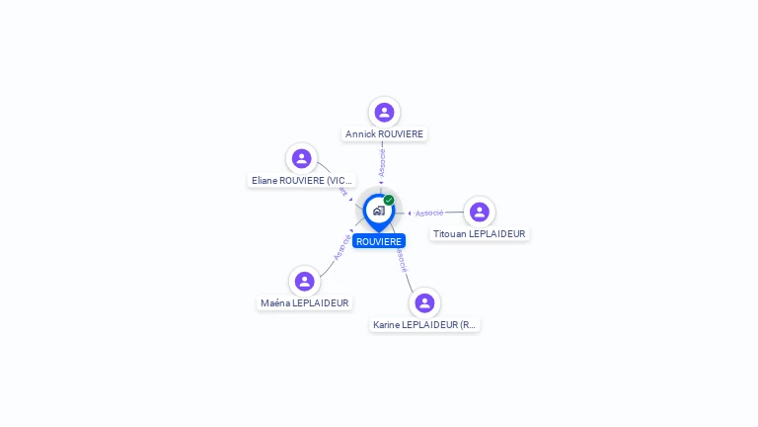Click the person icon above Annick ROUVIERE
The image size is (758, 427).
tap(384, 113)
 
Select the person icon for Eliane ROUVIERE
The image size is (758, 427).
tap(302, 158)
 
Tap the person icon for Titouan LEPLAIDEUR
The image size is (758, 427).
tap(480, 212)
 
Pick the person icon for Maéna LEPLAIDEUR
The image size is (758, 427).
tap(304, 281)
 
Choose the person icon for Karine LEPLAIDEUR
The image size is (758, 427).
tap(424, 302)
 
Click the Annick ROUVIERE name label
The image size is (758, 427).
tap(384, 134)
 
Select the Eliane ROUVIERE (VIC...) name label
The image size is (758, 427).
tap(302, 181)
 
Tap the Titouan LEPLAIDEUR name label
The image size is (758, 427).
tap(480, 234)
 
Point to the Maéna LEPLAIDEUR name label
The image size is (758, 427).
tap(304, 303)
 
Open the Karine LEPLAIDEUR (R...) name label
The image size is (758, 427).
tap(424, 324)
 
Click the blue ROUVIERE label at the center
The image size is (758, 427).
tap(379, 241)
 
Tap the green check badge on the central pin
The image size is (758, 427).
tap(389, 200)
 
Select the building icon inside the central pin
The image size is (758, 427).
tap(378, 211)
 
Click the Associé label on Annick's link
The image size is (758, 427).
tap(382, 162)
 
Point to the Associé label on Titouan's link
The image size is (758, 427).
tap(429, 213)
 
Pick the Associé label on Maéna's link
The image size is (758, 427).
tap(341, 247)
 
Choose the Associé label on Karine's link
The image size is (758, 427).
tap(401, 260)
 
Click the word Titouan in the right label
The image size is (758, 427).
tap(449, 234)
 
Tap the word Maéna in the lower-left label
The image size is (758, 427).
tap(274, 303)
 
